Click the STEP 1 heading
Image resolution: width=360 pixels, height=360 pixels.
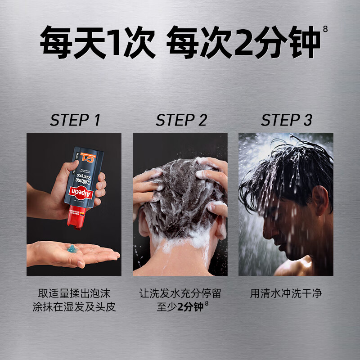(75, 121)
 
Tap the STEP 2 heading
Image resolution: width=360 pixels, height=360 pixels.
(181, 121)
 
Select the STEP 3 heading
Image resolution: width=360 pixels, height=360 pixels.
(286, 121)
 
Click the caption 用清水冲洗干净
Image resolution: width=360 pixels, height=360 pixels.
(286, 294)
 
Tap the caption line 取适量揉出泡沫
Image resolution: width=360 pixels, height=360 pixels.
(74, 294)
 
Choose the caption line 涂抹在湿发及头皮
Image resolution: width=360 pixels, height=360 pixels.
(74, 307)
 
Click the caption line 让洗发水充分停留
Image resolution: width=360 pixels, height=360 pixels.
(180, 294)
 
